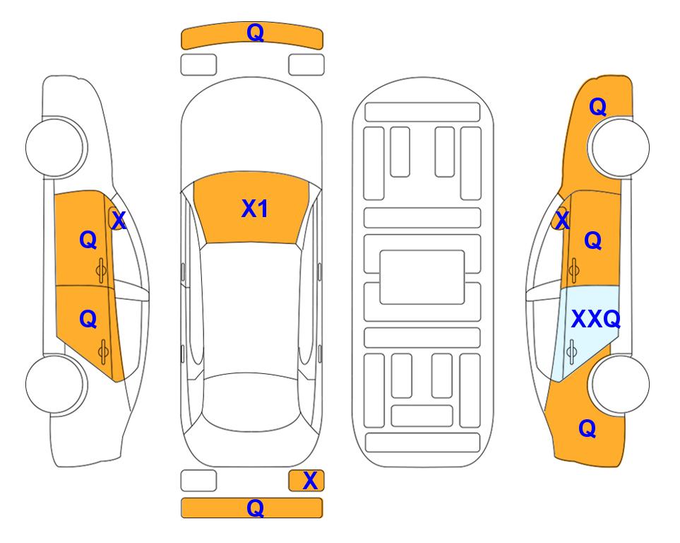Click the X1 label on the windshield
coord(255,209)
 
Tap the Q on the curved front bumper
coord(255,33)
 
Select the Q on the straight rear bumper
coord(255,508)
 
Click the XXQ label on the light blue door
coord(596,320)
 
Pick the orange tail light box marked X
coord(306,481)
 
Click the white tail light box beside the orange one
coord(198,481)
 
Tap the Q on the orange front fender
coord(597,107)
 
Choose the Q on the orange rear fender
coord(587,428)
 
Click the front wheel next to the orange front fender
coord(620,147)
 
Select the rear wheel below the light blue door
coord(620,384)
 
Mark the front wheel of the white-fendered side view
coord(55,147)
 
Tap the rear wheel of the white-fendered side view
coord(55,384)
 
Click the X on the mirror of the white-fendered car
coord(119,221)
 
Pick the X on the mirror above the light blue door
coord(562,220)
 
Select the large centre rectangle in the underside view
coord(422,277)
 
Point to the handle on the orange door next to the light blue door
coord(573,270)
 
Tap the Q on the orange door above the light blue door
coord(593,240)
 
